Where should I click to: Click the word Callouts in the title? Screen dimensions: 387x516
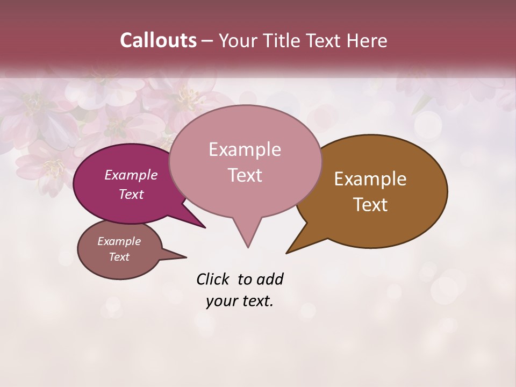pyautogui.click(x=158, y=40)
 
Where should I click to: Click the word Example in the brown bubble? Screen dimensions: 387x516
pyautogui.click(x=370, y=179)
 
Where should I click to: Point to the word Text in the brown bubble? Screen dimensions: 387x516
pyautogui.click(x=370, y=204)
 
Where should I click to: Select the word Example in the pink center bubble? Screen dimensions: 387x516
pyautogui.click(x=245, y=149)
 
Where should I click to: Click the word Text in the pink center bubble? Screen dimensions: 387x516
pyautogui.click(x=245, y=175)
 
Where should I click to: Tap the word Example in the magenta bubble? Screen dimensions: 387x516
pyautogui.click(x=131, y=175)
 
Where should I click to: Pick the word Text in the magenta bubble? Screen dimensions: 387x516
pyautogui.click(x=131, y=194)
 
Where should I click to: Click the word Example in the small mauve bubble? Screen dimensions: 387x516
pyautogui.click(x=119, y=241)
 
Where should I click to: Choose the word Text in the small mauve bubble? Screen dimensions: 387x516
pyautogui.click(x=119, y=257)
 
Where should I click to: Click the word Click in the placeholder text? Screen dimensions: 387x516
pyautogui.click(x=213, y=279)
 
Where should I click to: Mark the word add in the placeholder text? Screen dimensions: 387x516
pyautogui.click(x=270, y=279)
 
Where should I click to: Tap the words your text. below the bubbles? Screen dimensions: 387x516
pyautogui.click(x=240, y=301)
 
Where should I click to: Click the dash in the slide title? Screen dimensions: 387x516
pyautogui.click(x=207, y=41)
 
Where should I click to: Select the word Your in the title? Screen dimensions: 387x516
pyautogui.click(x=236, y=40)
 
